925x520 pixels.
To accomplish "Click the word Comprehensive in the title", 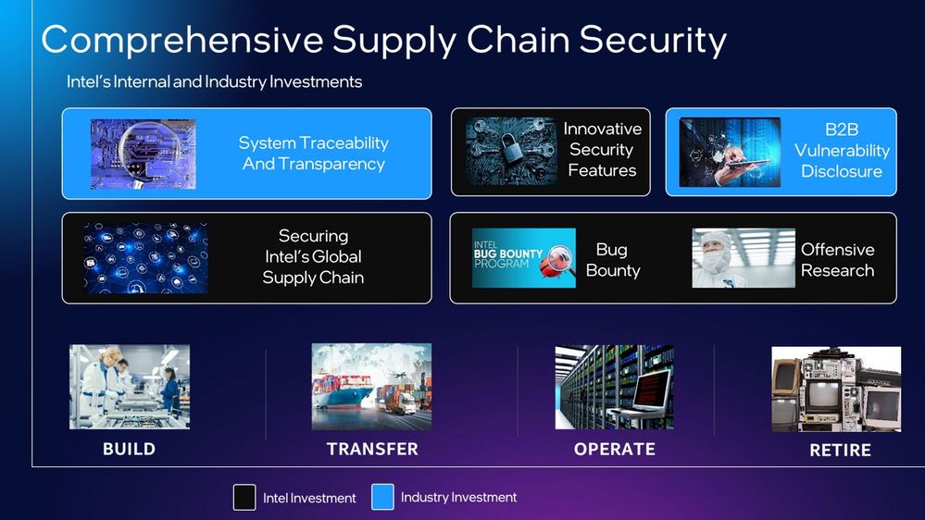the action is (182, 40).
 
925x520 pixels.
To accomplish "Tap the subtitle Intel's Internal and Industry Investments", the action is (214, 81).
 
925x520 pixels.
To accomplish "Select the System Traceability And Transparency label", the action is (313, 154).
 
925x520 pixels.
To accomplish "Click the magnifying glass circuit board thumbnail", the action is (144, 154).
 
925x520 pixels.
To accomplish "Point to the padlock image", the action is (511, 151).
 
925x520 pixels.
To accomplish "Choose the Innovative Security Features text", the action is (602, 150).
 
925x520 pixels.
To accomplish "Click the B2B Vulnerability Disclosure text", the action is (842, 150).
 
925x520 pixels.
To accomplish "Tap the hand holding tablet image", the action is (730, 153).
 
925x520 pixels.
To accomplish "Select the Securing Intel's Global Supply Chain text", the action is (313, 256).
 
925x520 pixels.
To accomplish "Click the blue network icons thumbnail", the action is (145, 258).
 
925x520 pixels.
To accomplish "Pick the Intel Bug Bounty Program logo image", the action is (524, 257).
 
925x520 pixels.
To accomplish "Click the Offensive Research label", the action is (837, 260).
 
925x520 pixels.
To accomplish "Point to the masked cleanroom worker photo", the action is (744, 258).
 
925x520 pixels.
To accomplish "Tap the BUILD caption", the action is (130, 450).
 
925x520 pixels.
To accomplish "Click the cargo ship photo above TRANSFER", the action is (371, 386).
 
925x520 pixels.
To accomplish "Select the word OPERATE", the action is (615, 450).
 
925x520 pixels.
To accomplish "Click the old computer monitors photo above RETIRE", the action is (836, 390).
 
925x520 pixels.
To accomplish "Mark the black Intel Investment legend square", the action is (244, 497).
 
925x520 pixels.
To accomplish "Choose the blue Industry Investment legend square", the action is (382, 497).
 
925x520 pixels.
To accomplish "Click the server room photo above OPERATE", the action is (614, 387).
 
